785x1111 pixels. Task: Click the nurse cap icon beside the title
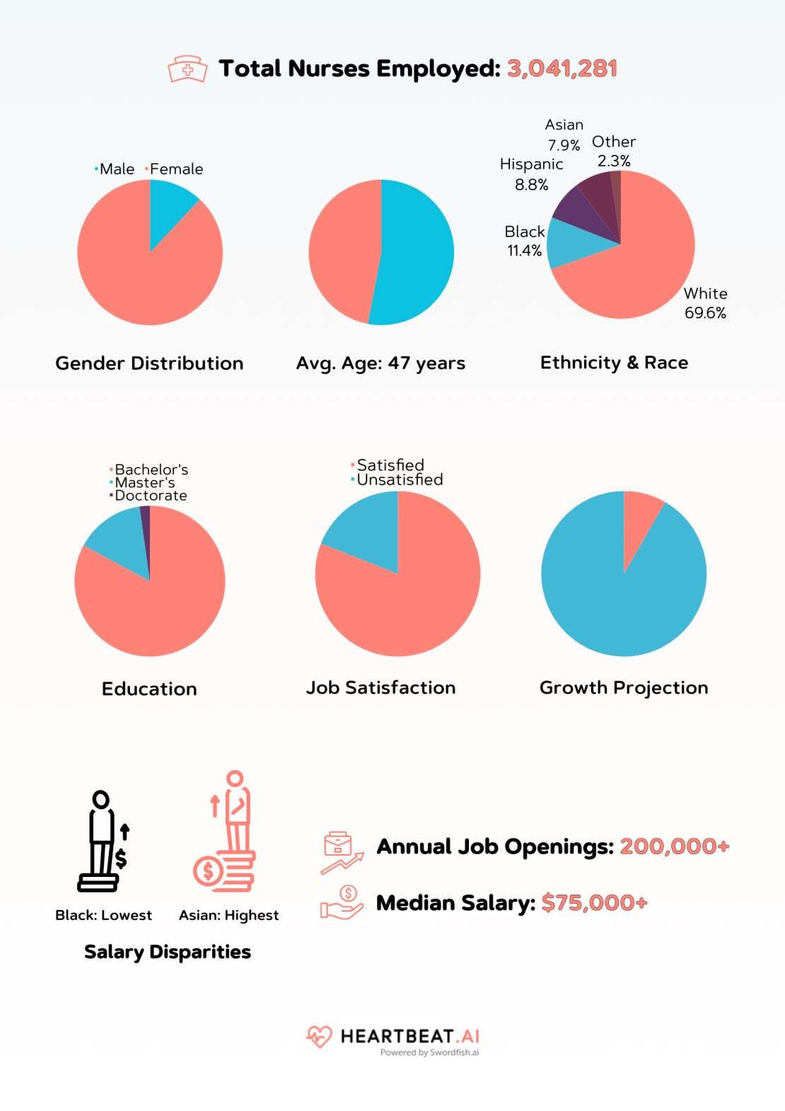tap(187, 69)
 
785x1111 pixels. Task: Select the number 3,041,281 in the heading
tap(562, 69)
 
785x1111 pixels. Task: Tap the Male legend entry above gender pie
tap(116, 169)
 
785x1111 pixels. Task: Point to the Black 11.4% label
tap(524, 241)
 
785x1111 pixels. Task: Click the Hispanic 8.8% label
tap(531, 174)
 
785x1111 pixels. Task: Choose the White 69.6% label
tap(705, 303)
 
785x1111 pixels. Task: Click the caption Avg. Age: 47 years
tap(380, 363)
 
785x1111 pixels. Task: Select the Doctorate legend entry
tap(150, 496)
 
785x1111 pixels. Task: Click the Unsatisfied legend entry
tap(399, 479)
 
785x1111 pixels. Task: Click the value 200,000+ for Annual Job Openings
tap(674, 847)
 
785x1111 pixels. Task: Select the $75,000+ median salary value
tap(594, 903)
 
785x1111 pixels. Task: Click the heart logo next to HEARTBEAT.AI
tap(319, 1037)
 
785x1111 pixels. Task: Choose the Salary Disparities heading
tap(168, 952)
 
